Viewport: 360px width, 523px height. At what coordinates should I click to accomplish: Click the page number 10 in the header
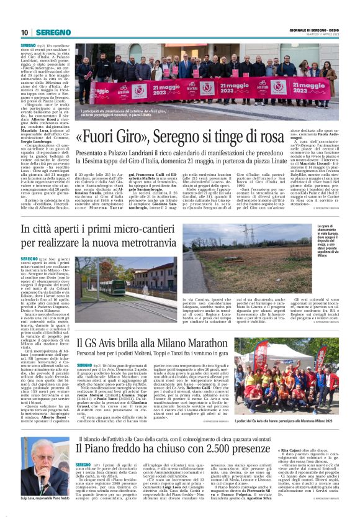click(25, 32)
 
